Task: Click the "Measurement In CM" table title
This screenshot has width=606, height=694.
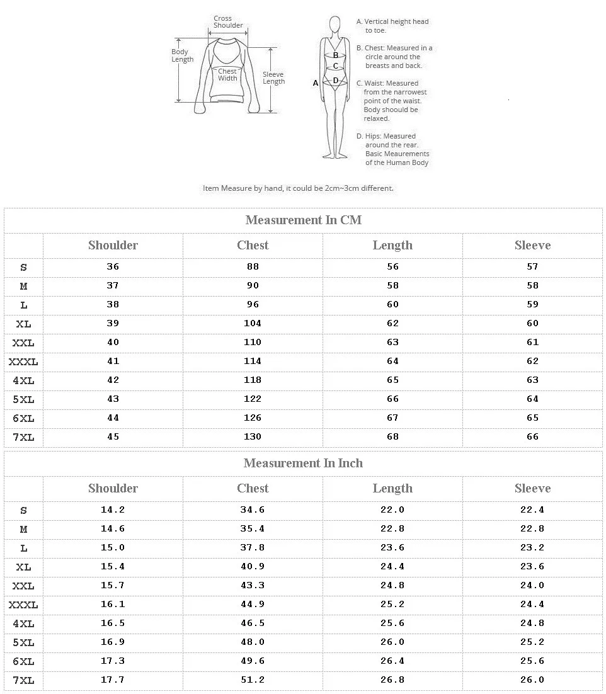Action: coord(303,220)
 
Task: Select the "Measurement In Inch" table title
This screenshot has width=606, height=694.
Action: coord(303,464)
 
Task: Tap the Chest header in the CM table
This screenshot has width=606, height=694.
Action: coord(253,246)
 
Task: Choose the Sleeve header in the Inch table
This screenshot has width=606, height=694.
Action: coord(532,489)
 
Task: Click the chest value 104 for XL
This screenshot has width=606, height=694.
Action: coord(253,324)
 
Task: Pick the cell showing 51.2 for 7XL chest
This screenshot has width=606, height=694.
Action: coord(253,680)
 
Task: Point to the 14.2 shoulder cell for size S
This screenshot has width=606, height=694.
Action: coord(113,510)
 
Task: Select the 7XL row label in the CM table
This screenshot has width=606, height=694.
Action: coord(23,437)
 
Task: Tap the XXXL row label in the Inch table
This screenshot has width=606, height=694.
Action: coord(23,605)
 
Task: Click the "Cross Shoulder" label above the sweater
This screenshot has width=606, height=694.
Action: coord(227,22)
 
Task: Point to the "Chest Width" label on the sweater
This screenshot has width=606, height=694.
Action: coord(227,75)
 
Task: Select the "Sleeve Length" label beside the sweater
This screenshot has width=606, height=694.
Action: coord(273,78)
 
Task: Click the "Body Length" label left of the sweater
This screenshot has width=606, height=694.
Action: coord(182,56)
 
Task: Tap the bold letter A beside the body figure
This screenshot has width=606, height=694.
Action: coord(316,82)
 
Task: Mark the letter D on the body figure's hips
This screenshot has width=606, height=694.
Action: coord(336,81)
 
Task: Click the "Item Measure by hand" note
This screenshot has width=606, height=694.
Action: coord(298,188)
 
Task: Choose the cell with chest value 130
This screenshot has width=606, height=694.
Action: coord(253,437)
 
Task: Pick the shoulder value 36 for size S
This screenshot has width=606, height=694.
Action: coord(113,267)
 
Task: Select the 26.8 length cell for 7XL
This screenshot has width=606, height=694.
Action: coord(392,680)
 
